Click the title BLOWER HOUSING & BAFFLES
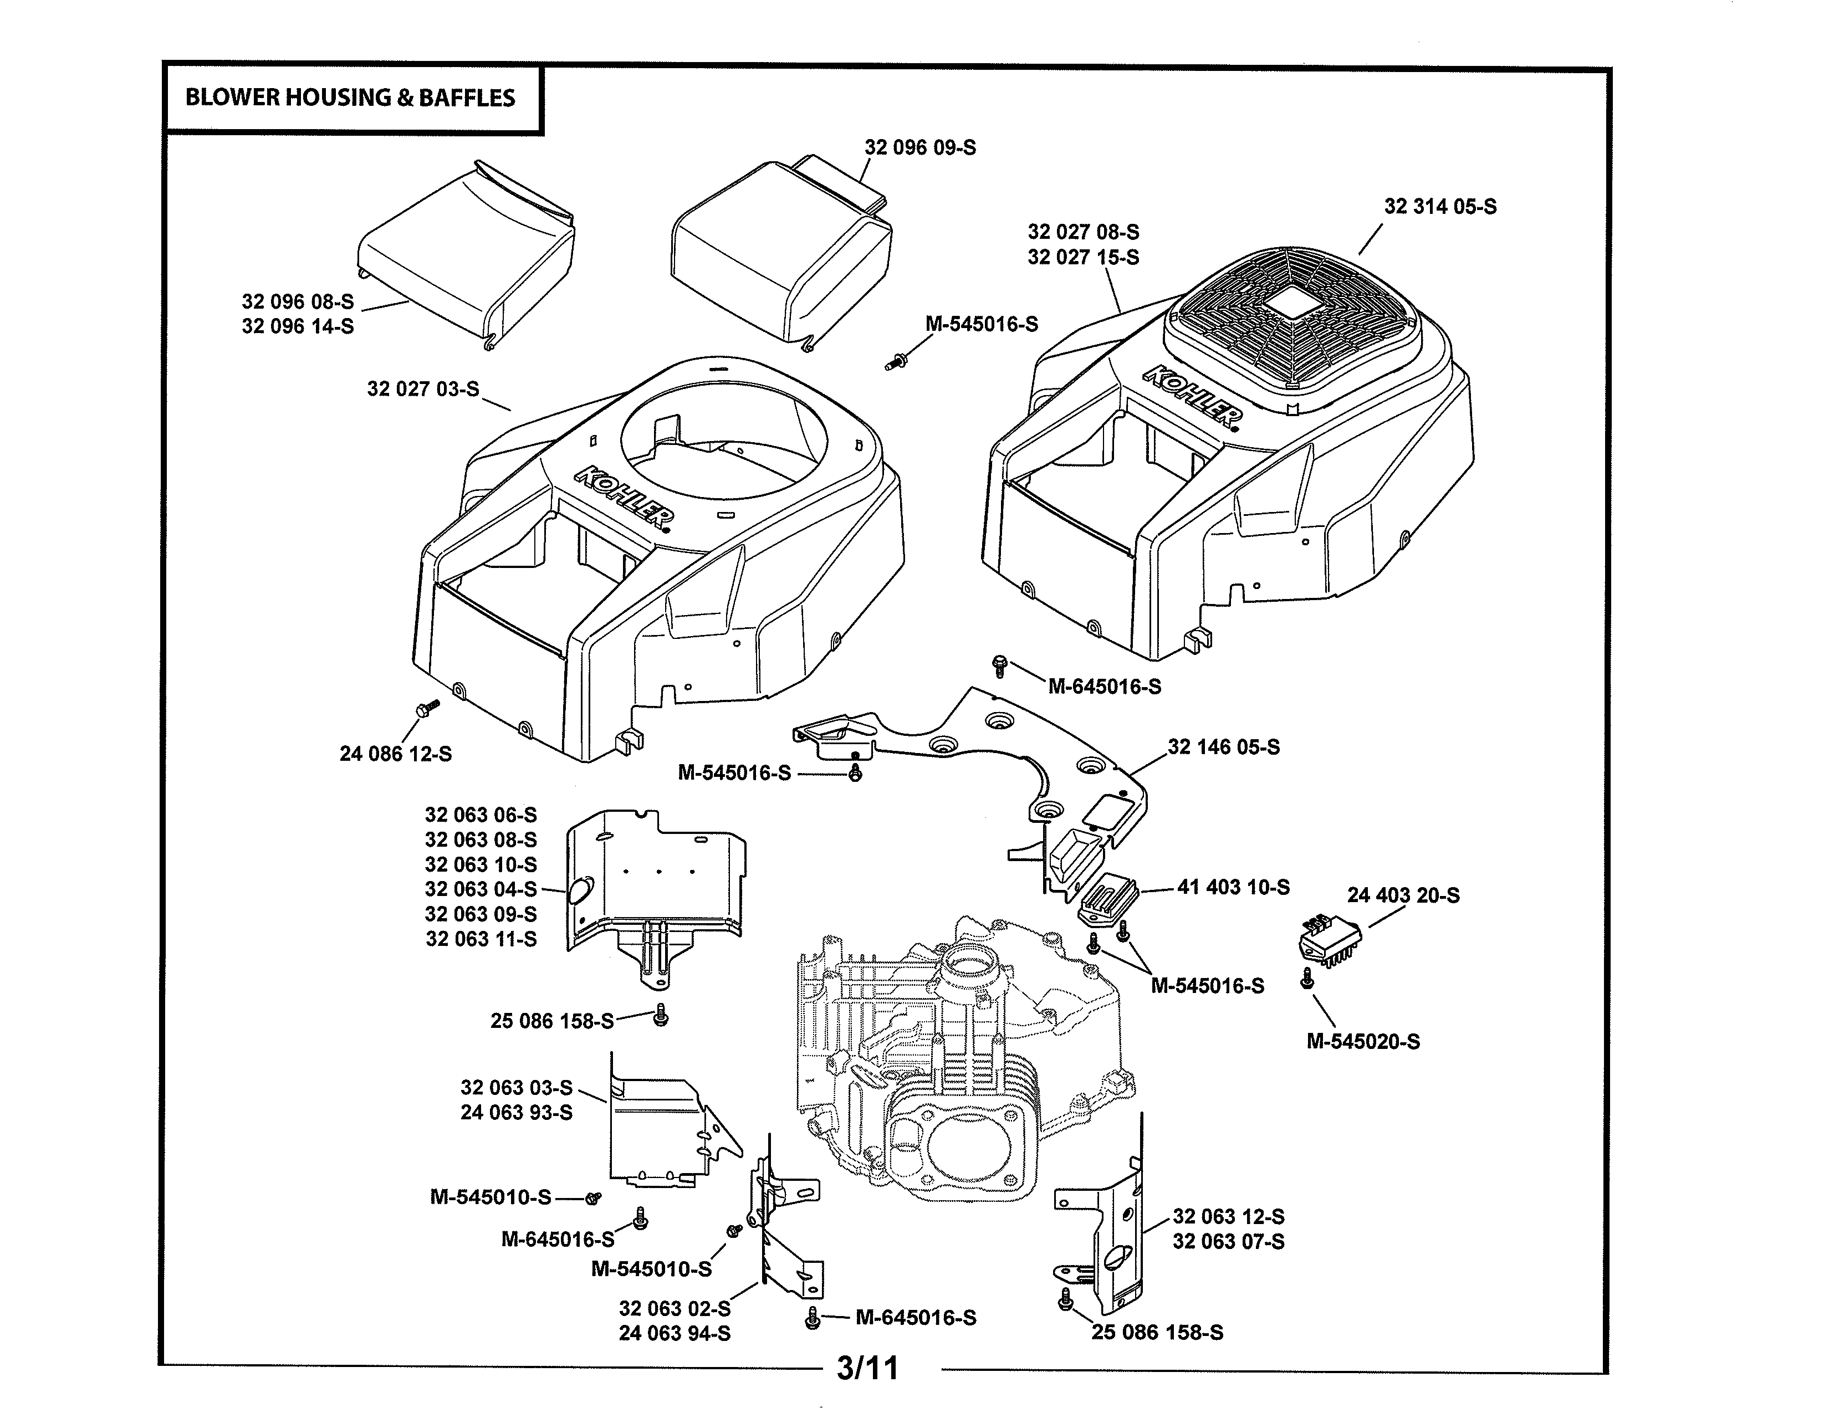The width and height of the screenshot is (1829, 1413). pos(350,98)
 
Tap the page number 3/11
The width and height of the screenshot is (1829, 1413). pos(867,1368)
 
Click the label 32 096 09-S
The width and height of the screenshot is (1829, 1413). pos(919,147)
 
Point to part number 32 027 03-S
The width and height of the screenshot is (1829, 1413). pos(423,388)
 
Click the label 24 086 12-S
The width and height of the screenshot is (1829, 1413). pos(395,754)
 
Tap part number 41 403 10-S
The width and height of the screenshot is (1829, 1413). pos(1233,887)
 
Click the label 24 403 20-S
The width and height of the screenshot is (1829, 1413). pos(1403,895)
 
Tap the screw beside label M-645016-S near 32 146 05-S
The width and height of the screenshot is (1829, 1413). pos(998,666)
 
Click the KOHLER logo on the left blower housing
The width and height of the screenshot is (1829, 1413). pos(624,498)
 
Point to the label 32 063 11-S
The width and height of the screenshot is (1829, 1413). pos(481,939)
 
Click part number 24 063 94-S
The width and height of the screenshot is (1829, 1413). pos(674,1333)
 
